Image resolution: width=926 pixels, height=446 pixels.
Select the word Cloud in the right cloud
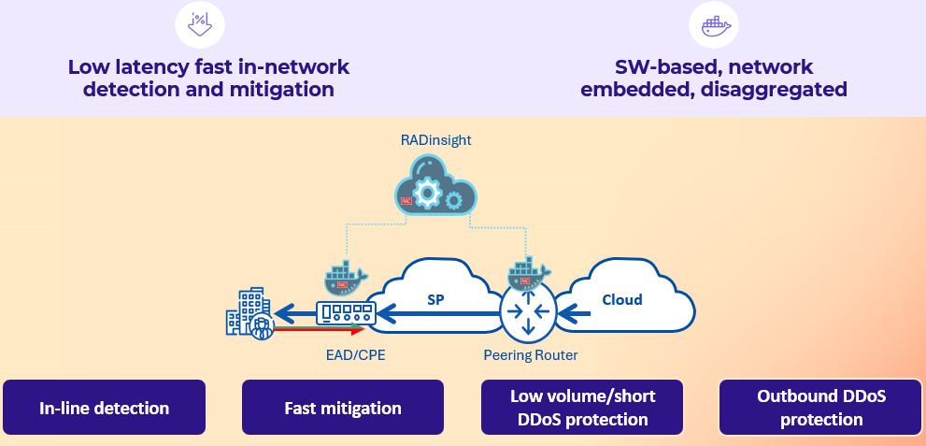pyautogui.click(x=621, y=299)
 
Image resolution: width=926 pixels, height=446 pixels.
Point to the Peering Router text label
pyautogui.click(x=531, y=355)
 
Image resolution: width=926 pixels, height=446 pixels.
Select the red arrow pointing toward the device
pyautogui.click(x=318, y=330)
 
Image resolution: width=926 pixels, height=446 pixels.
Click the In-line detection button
pyautogui.click(x=104, y=408)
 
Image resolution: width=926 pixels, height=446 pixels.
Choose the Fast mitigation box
pyautogui.click(x=343, y=408)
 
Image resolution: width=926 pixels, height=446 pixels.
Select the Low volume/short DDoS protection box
pyautogui.click(x=582, y=408)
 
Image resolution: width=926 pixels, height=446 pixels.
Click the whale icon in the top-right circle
pyautogui.click(x=714, y=25)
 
